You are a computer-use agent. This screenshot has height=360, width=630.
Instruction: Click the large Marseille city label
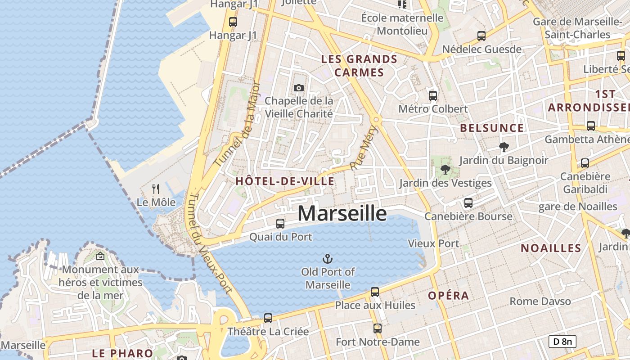(x=342, y=213)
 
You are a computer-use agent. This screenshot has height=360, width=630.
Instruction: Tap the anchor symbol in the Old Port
(x=328, y=258)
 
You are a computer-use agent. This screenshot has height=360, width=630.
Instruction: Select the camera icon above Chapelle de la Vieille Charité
(x=299, y=88)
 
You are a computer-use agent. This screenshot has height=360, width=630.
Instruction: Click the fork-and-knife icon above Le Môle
(x=156, y=189)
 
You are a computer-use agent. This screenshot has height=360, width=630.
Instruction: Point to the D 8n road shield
(x=562, y=342)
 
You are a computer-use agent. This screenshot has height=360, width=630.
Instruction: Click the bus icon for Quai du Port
(x=280, y=223)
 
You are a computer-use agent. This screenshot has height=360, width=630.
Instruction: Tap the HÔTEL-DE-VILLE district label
(x=285, y=181)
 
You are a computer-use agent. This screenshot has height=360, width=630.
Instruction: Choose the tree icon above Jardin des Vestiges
(x=445, y=170)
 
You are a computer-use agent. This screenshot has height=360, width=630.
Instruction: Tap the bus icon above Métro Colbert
(x=432, y=95)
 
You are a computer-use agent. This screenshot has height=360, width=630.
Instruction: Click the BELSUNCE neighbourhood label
(x=492, y=128)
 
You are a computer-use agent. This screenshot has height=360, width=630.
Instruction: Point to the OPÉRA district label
(x=448, y=296)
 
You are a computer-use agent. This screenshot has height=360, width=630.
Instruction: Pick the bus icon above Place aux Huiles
(x=375, y=292)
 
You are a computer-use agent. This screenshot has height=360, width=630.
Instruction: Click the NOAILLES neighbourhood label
(x=551, y=248)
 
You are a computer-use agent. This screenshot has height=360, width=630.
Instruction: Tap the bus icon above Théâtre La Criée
(x=268, y=318)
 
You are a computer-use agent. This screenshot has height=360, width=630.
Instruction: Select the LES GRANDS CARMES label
(x=359, y=66)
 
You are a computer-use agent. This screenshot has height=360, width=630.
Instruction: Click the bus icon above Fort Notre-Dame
(x=378, y=328)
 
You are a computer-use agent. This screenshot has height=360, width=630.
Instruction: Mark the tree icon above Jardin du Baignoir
(x=503, y=147)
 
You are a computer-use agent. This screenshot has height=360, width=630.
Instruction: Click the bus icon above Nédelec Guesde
(x=481, y=36)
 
